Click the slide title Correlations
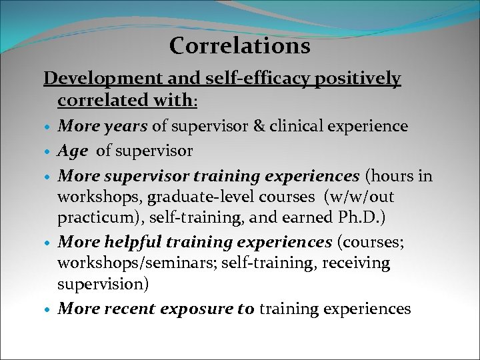click(x=239, y=46)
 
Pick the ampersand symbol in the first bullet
click(x=260, y=126)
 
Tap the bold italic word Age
click(x=73, y=151)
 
